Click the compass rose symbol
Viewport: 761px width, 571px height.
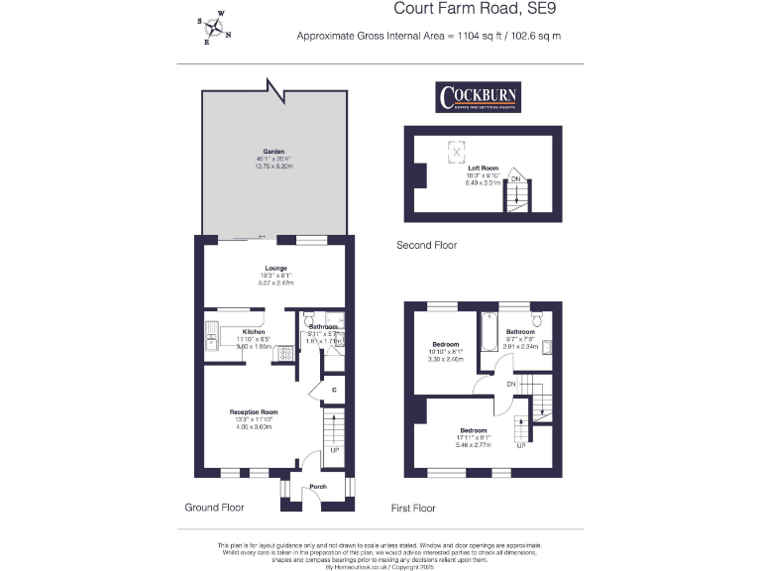click(x=214, y=29)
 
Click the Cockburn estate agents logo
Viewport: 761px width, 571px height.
click(x=479, y=97)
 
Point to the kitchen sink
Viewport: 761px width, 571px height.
click(x=213, y=343)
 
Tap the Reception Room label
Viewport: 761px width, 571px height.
click(x=254, y=411)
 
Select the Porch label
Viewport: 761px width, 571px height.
click(x=318, y=487)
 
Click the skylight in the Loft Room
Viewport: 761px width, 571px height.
click(x=457, y=152)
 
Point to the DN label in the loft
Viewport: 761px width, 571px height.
click(x=514, y=178)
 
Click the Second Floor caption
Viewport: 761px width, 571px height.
click(x=426, y=245)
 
